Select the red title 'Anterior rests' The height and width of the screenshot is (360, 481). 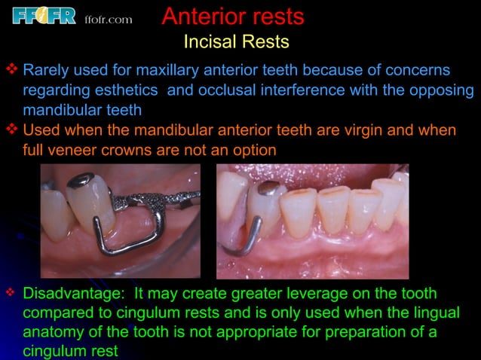coord(233,16)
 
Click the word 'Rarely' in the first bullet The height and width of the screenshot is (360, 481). coord(47,71)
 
